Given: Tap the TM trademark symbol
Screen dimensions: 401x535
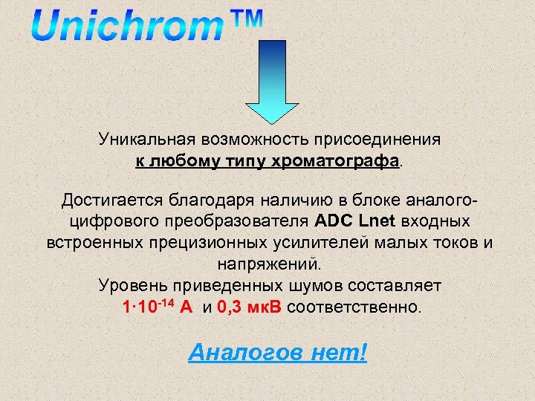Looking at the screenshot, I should (x=244, y=20).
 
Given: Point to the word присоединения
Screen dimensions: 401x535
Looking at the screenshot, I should (x=377, y=139).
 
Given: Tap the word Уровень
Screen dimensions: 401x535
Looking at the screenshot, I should (x=131, y=285).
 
